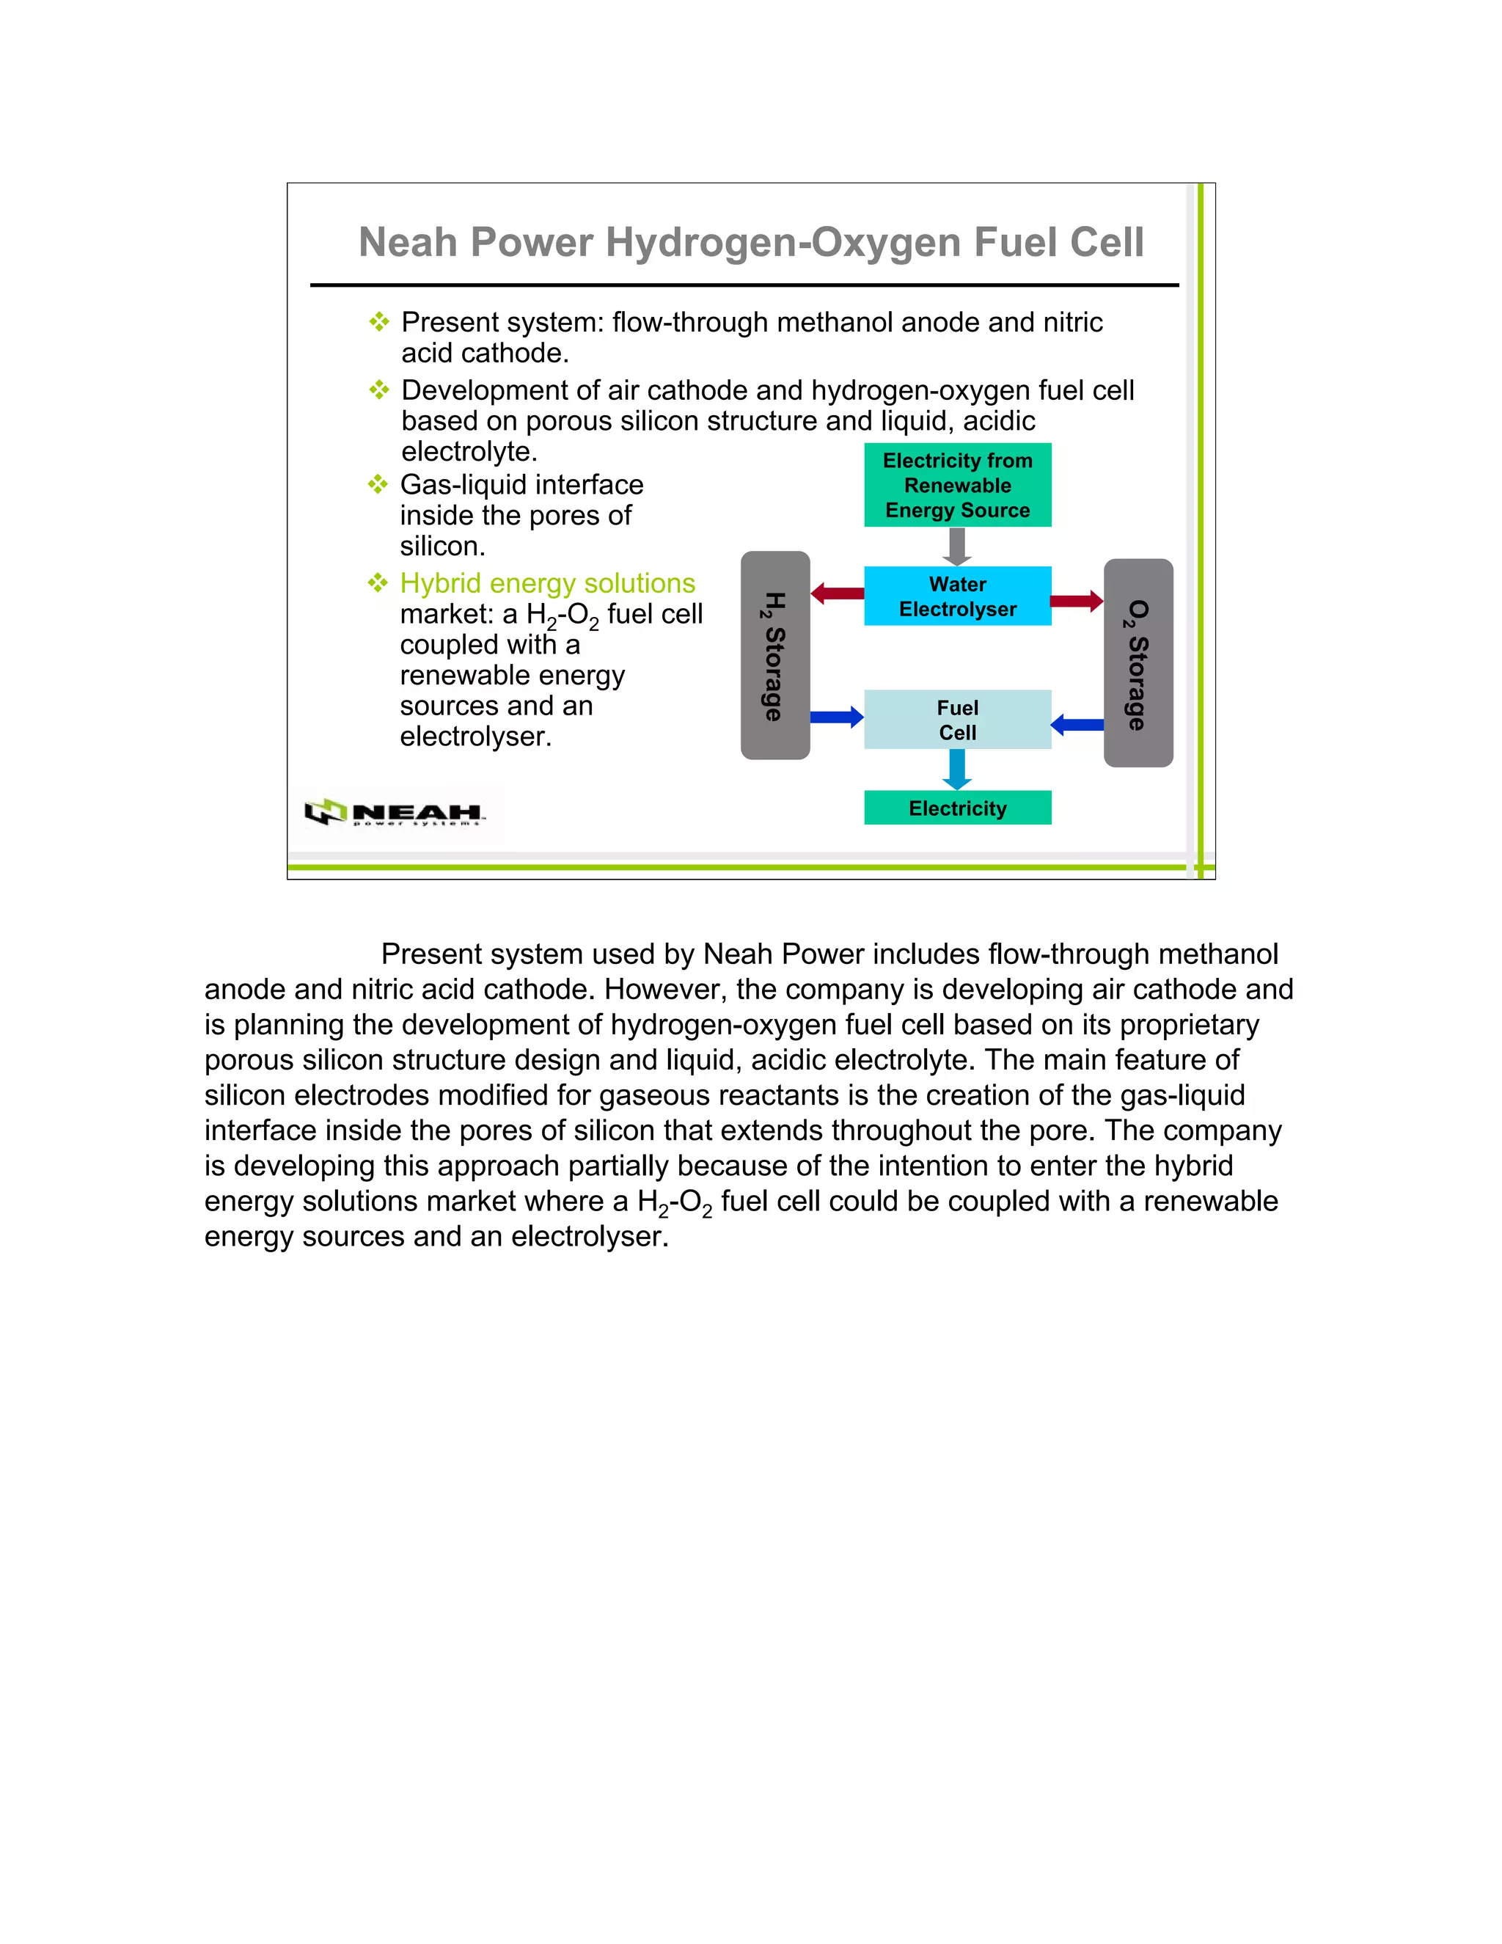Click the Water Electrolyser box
pos(957,596)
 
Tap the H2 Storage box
pos(775,655)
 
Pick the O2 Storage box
pos(1138,663)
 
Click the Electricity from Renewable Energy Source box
pos(957,485)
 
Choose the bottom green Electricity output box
pos(957,808)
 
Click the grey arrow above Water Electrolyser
pos(957,547)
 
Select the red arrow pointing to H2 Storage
pos(836,593)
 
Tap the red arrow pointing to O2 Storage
pos(1077,601)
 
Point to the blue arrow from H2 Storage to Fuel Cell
pos(836,717)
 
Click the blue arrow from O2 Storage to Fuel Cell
pos(1077,725)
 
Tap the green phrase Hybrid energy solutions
pos(547,583)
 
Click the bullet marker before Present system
pos(379,321)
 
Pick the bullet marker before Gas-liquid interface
pos(378,484)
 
